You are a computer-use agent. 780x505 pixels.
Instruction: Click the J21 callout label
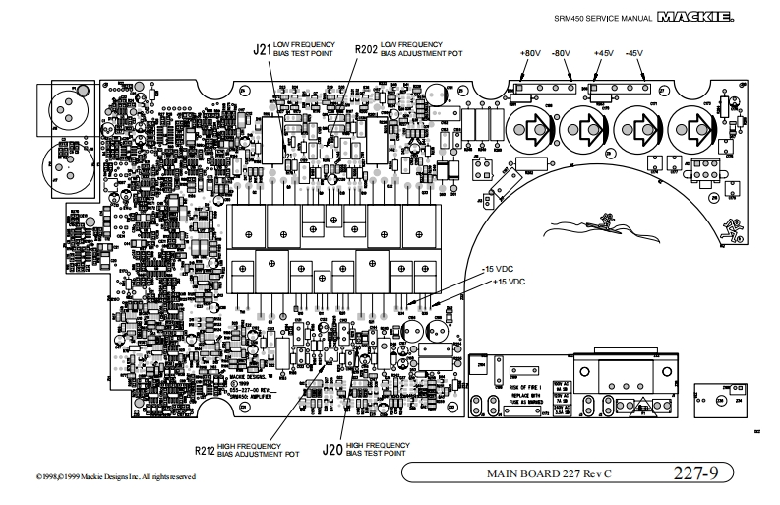(x=261, y=49)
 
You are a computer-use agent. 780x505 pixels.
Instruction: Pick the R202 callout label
(x=365, y=49)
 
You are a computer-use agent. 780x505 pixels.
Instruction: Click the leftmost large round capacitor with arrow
(x=532, y=128)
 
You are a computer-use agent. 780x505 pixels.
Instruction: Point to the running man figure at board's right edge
(x=732, y=228)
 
